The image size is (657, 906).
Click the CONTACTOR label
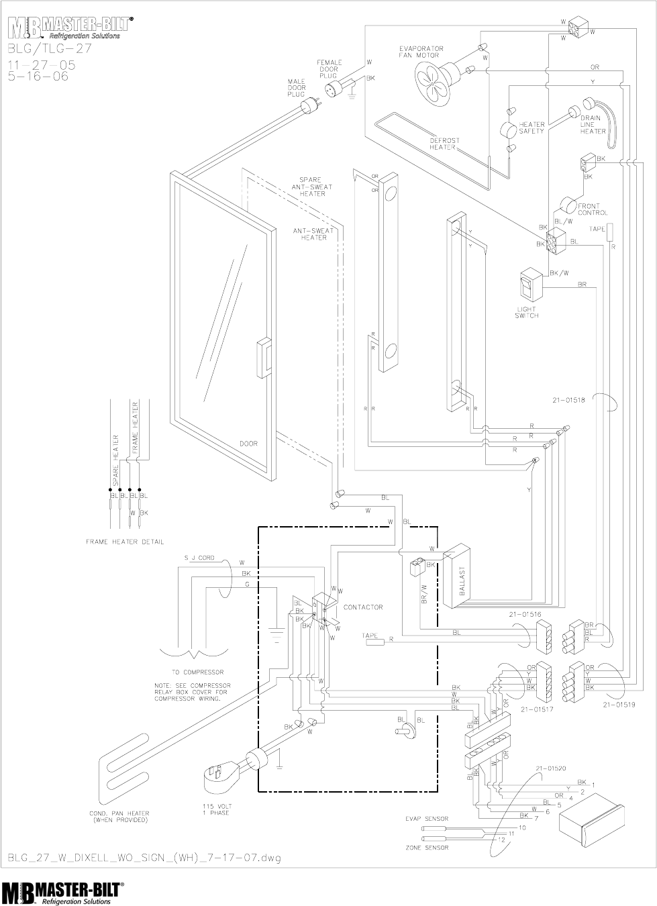point(362,607)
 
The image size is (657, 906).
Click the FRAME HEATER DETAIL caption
point(124,541)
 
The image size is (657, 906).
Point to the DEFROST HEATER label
point(444,143)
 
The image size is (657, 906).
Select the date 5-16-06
point(38,76)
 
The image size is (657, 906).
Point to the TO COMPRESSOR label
point(197,671)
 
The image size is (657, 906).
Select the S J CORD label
point(199,558)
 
